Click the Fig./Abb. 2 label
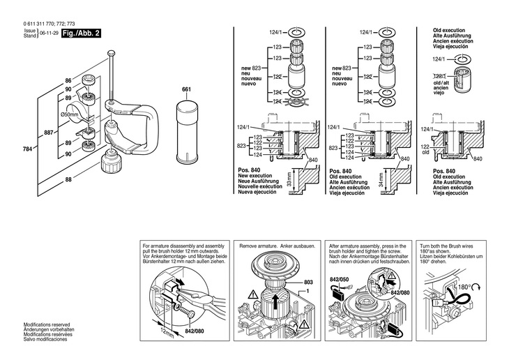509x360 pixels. tap(79, 32)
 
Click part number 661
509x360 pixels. tap(186, 90)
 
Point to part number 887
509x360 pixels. tap(47, 132)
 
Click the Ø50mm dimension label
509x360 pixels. tap(68, 114)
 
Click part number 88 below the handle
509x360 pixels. tap(68, 181)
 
